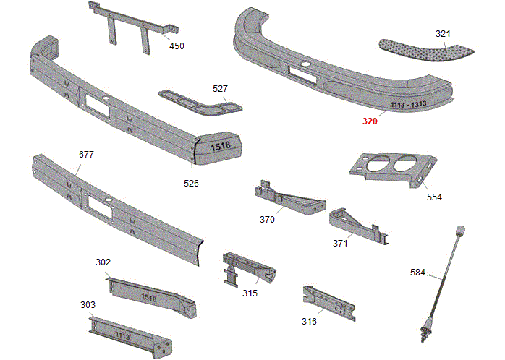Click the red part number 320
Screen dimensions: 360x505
(x=370, y=121)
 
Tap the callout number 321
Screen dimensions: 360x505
(x=443, y=34)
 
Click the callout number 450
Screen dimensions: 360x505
(x=177, y=46)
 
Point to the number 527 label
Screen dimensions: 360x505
(x=220, y=88)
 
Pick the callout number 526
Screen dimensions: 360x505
(x=191, y=183)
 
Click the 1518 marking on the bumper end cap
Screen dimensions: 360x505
(x=220, y=146)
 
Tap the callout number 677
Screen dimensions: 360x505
(x=86, y=155)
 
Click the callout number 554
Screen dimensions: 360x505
(x=434, y=197)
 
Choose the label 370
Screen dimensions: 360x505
(x=267, y=219)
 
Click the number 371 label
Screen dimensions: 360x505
(x=340, y=244)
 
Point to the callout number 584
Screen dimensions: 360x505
(x=417, y=272)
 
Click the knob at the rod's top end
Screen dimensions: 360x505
(x=459, y=231)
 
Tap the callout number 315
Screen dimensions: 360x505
(x=250, y=293)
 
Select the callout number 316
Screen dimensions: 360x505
(x=309, y=321)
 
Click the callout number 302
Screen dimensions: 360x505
(x=103, y=262)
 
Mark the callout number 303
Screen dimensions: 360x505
(x=88, y=305)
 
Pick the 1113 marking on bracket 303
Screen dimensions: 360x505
(x=122, y=335)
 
